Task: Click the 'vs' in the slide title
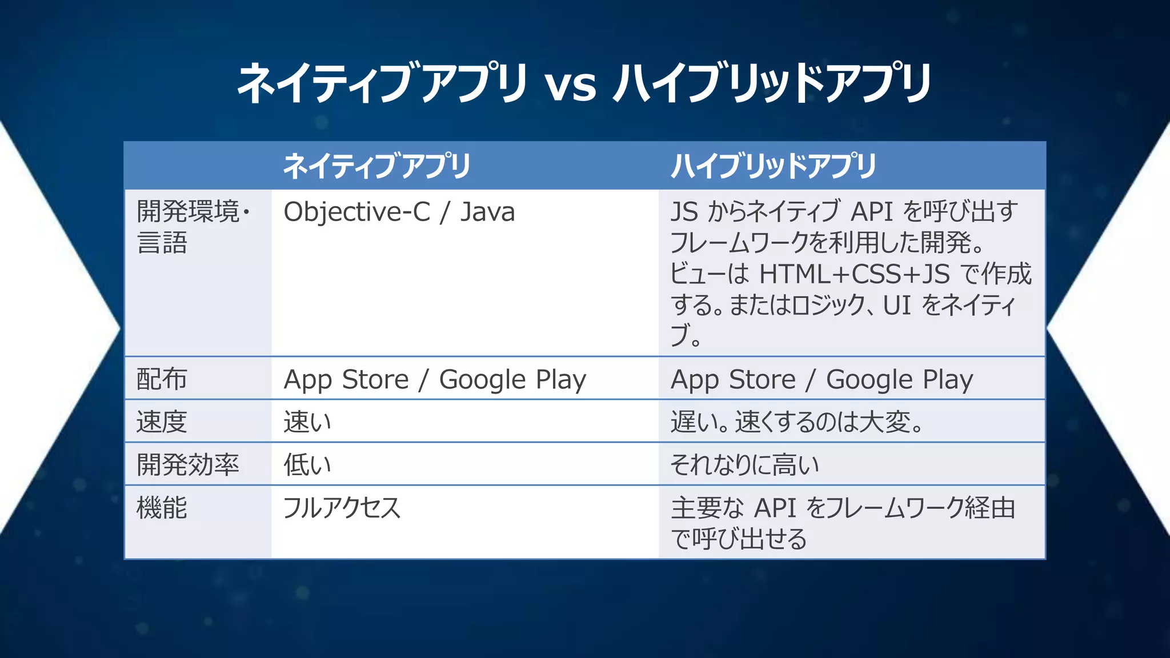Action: pyautogui.click(x=570, y=86)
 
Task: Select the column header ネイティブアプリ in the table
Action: pyautogui.click(x=376, y=166)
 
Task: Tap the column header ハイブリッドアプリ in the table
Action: pyautogui.click(x=773, y=166)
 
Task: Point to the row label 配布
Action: pyautogui.click(x=162, y=379)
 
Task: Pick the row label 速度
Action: pyautogui.click(x=162, y=422)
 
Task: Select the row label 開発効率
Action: pyautogui.click(x=187, y=464)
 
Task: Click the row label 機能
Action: pyautogui.click(x=162, y=508)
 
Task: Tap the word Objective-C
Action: pyautogui.click(x=356, y=212)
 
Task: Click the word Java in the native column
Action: pyautogui.click(x=487, y=212)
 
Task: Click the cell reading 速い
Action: pyautogui.click(x=307, y=422)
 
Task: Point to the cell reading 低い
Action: pyautogui.click(x=307, y=464)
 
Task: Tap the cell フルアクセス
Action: pyautogui.click(x=342, y=508)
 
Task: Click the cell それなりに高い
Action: pyautogui.click(x=744, y=464)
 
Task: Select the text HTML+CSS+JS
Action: pyautogui.click(x=854, y=274)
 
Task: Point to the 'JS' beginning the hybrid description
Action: pyautogui.click(x=684, y=212)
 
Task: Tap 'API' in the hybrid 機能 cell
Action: pyautogui.click(x=775, y=508)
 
